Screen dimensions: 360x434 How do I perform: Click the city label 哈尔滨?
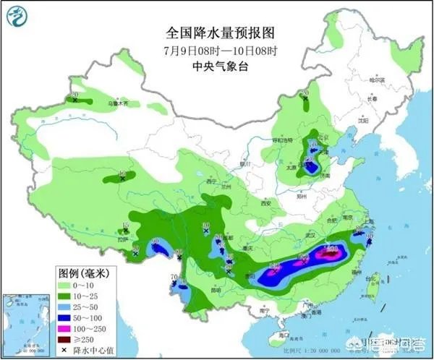(375, 80)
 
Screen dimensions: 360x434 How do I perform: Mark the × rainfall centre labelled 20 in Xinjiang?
(75, 100)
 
